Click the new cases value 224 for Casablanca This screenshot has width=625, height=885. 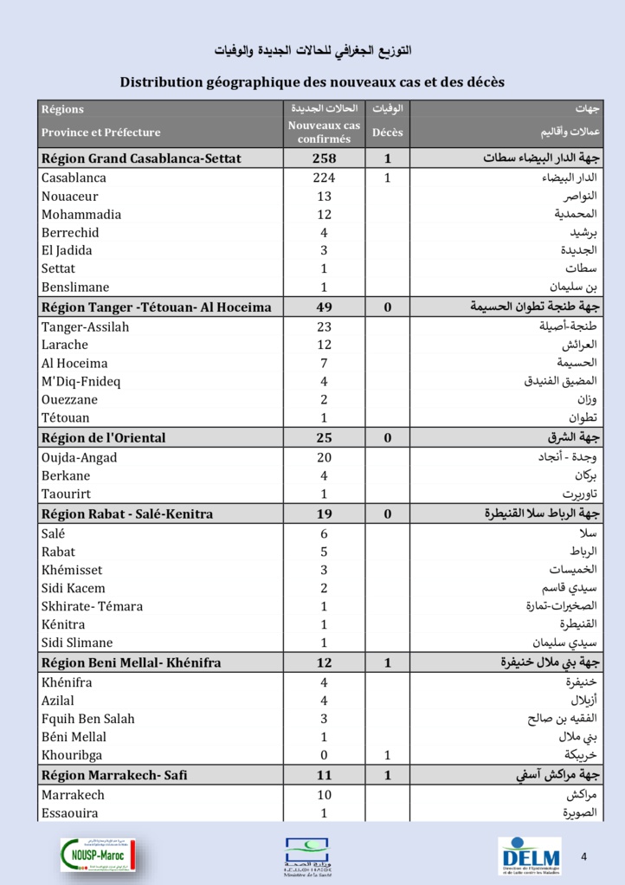pos(324,178)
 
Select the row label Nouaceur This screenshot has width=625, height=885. pos(70,197)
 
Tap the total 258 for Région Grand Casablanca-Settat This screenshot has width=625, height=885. pos(324,158)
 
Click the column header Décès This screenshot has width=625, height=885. pos(388,132)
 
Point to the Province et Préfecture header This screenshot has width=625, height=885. pos(100,132)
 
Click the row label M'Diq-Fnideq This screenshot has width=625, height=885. pos(81,382)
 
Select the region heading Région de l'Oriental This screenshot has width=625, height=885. pos(103,438)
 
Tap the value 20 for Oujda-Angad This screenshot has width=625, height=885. pos(324,458)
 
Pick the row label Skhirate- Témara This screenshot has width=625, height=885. pos(92,607)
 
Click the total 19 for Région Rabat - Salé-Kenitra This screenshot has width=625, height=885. pos(324,514)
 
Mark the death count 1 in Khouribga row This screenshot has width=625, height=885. pos(388,755)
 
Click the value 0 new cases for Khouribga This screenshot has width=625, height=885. pos(324,755)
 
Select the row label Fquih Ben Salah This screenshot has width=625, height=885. pos(87,719)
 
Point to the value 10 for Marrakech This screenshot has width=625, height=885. pos(324,795)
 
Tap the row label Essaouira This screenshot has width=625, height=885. pos(70,813)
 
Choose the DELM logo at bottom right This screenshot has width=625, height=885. pos(529,855)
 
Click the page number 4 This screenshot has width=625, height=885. pos(584,857)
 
